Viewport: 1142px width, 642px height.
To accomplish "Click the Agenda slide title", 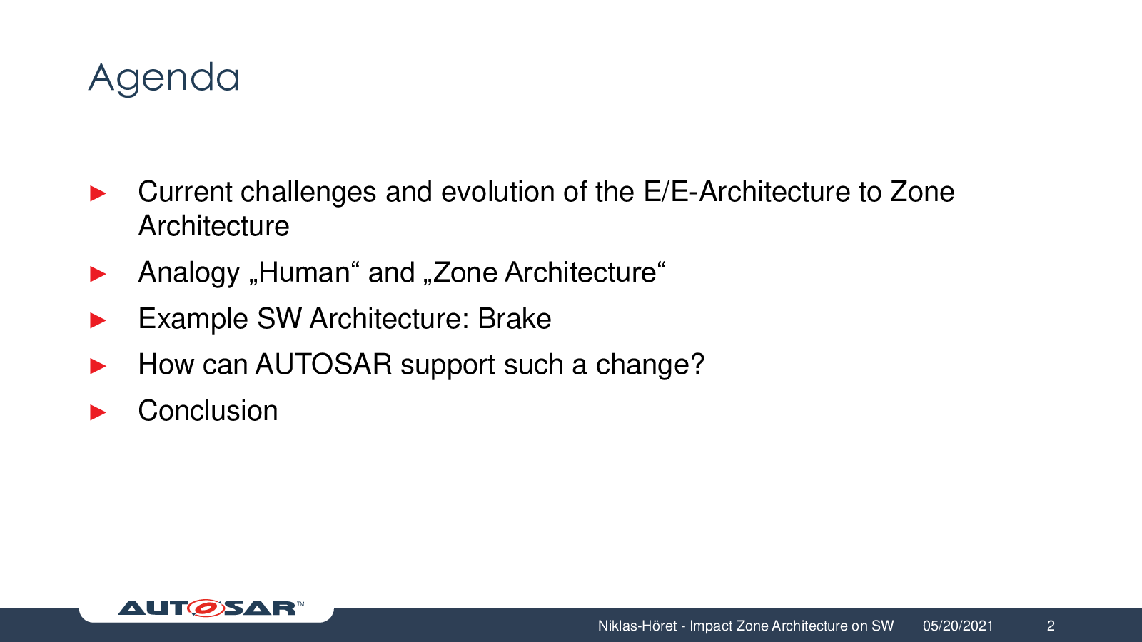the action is pos(163,79).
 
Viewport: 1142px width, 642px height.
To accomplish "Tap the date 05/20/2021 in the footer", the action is pos(958,626).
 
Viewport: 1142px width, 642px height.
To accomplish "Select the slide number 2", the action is pos(1051,626).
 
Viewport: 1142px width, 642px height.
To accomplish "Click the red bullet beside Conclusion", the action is pos(98,412).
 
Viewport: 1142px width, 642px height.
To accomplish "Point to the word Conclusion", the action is pos(208,411).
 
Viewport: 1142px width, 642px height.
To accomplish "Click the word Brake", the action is pos(514,319).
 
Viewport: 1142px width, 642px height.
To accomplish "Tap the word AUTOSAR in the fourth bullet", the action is pos(324,365).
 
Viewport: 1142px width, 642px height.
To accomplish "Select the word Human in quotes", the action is pos(304,272).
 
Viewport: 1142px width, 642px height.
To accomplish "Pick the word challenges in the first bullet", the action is pos(308,193).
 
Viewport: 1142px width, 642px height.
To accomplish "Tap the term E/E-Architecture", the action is pos(747,192).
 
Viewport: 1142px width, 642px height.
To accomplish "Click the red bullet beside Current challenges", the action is pos(98,193).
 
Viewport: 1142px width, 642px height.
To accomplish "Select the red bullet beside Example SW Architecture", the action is pos(98,320).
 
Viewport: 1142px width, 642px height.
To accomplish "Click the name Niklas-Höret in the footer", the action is pos(637,626).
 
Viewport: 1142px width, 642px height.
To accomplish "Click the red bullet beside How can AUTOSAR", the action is pos(98,366).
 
